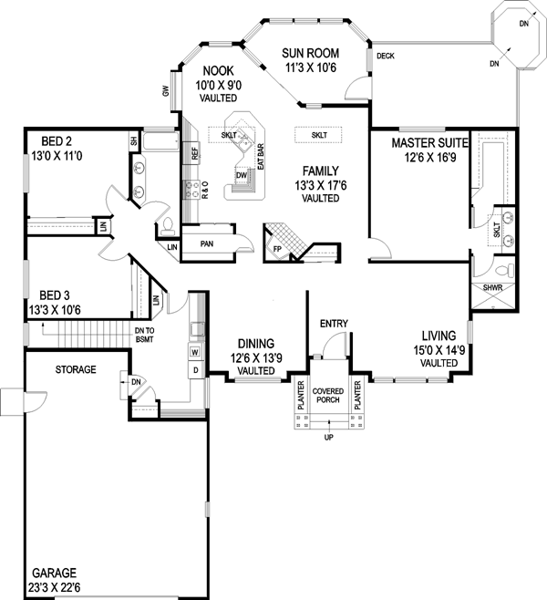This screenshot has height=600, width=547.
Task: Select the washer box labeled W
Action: click(x=195, y=351)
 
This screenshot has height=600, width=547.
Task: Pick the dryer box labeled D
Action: click(x=195, y=369)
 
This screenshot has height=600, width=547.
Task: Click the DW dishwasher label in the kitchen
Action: click(x=241, y=175)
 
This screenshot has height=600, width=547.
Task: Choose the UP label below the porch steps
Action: click(x=327, y=438)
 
